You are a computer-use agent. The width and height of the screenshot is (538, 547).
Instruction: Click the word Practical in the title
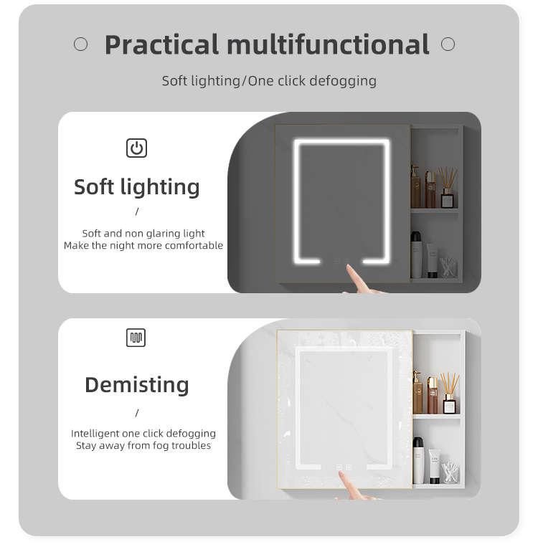[161, 44]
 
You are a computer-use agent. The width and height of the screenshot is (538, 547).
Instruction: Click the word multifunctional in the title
[328, 44]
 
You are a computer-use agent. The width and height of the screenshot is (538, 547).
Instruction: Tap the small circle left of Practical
[80, 44]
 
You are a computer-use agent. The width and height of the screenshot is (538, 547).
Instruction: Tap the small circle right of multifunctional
[448, 44]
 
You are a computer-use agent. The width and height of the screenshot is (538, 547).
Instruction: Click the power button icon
[136, 148]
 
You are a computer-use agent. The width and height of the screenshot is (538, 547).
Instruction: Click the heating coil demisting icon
[136, 338]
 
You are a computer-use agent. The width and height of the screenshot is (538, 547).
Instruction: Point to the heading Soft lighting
[137, 187]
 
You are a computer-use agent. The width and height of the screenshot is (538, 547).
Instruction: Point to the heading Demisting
[137, 385]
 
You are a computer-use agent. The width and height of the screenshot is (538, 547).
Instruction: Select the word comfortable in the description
[194, 246]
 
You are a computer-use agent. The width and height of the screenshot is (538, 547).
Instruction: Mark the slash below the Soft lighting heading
[137, 211]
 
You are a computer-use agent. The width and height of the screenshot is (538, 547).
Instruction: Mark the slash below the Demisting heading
[137, 413]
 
